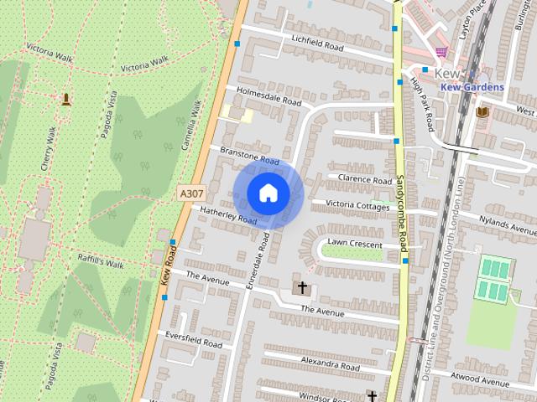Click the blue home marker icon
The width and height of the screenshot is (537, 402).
268,193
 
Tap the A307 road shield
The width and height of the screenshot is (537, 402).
191,193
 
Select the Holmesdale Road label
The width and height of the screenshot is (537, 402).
268,96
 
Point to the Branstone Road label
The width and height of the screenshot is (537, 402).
248,155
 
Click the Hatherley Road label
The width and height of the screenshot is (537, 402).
228,214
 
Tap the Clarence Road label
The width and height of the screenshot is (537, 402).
365,179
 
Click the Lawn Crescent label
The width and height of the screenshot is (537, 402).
355,243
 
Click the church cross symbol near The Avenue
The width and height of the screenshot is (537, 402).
301,289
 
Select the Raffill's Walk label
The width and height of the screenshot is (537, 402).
101,261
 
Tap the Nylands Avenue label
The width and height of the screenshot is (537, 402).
506,225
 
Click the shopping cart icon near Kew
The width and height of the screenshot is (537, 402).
441,51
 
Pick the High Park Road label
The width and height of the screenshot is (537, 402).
421,106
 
